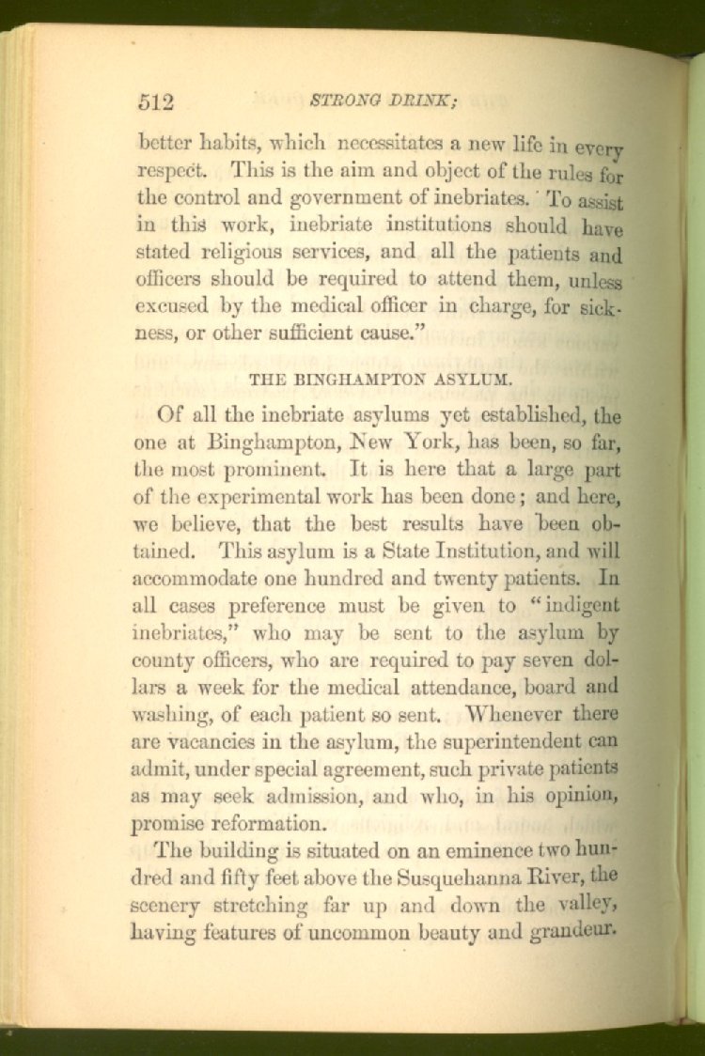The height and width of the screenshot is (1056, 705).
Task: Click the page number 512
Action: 155,101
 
